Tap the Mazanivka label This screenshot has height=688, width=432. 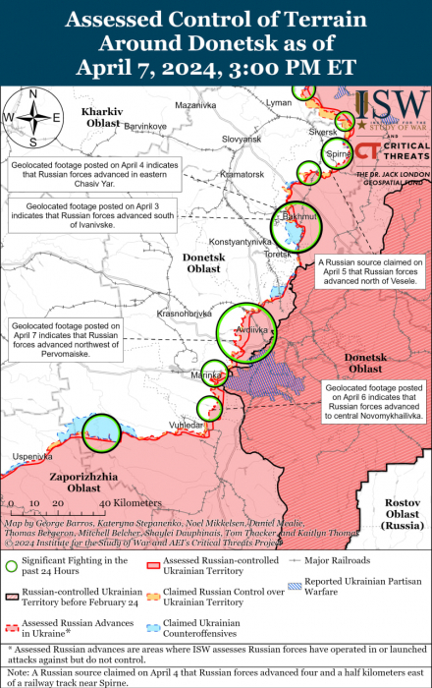click(194, 104)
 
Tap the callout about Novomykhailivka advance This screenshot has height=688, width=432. click(373, 402)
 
